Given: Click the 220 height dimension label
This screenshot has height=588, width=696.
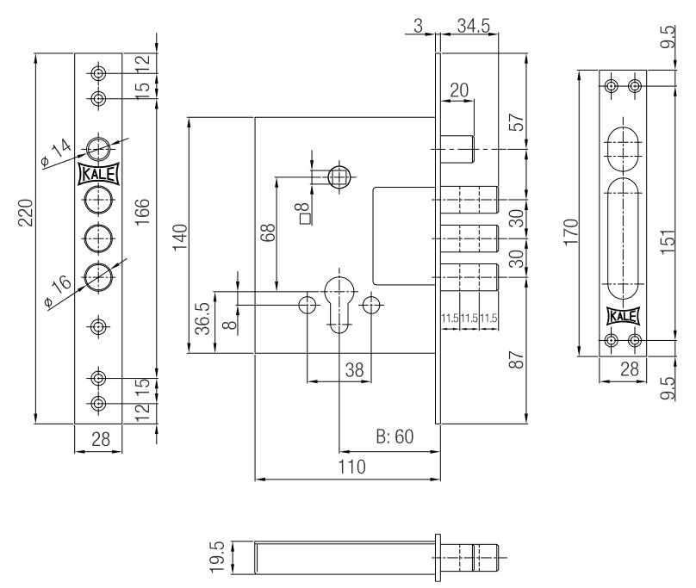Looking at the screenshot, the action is tap(26, 213).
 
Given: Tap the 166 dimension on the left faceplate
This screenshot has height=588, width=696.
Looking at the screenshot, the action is tap(142, 212).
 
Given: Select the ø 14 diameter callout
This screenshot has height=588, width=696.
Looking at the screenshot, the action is tap(56, 153).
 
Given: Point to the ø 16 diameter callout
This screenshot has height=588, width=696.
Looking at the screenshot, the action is tap(59, 291).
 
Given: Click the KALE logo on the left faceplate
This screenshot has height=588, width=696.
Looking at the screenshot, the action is tap(98, 174).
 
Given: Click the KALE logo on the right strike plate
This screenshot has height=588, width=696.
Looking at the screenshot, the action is tap(623, 317).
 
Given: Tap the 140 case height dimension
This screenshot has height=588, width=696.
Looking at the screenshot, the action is tap(180, 238).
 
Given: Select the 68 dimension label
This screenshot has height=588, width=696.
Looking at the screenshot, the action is tap(268, 232).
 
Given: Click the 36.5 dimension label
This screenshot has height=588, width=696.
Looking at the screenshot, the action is tap(202, 319).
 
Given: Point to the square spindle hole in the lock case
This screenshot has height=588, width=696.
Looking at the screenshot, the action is tap(340, 177).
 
